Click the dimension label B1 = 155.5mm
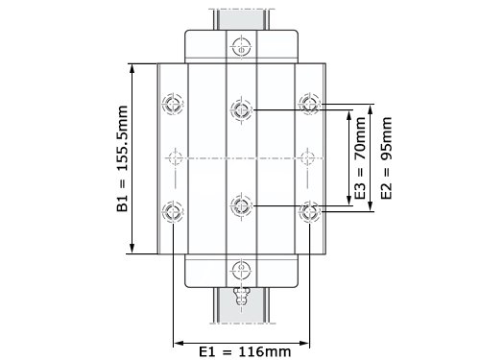click(123, 158)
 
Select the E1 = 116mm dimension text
click(245, 351)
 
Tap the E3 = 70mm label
click(360, 158)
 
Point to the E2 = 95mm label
click(386, 158)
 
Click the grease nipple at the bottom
click(241, 297)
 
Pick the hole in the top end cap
click(241, 47)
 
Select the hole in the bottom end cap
click(241, 271)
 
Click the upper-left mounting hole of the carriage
click(173, 104)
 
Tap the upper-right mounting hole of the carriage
click(309, 104)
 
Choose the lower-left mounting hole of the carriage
click(173, 211)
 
